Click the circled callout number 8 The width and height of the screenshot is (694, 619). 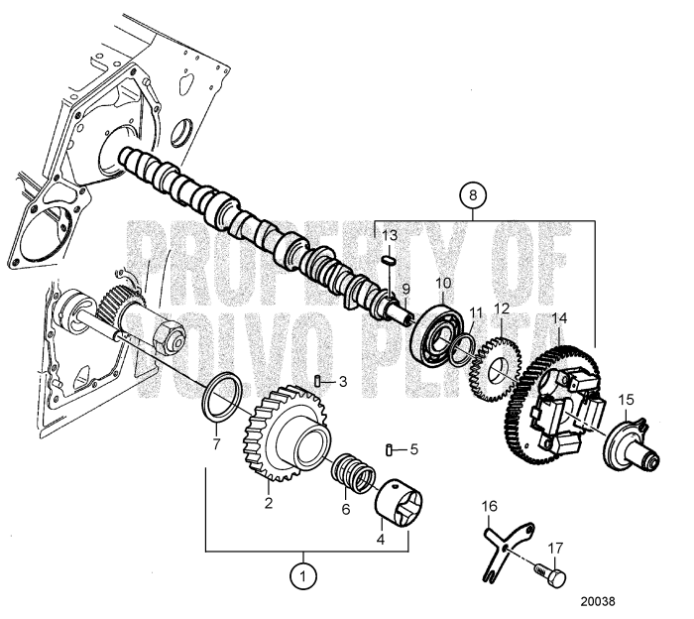472,194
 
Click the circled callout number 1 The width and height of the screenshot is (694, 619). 302,572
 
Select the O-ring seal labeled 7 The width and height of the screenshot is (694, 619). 219,395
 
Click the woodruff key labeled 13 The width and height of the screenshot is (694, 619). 389,259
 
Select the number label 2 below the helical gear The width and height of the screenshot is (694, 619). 267,502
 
